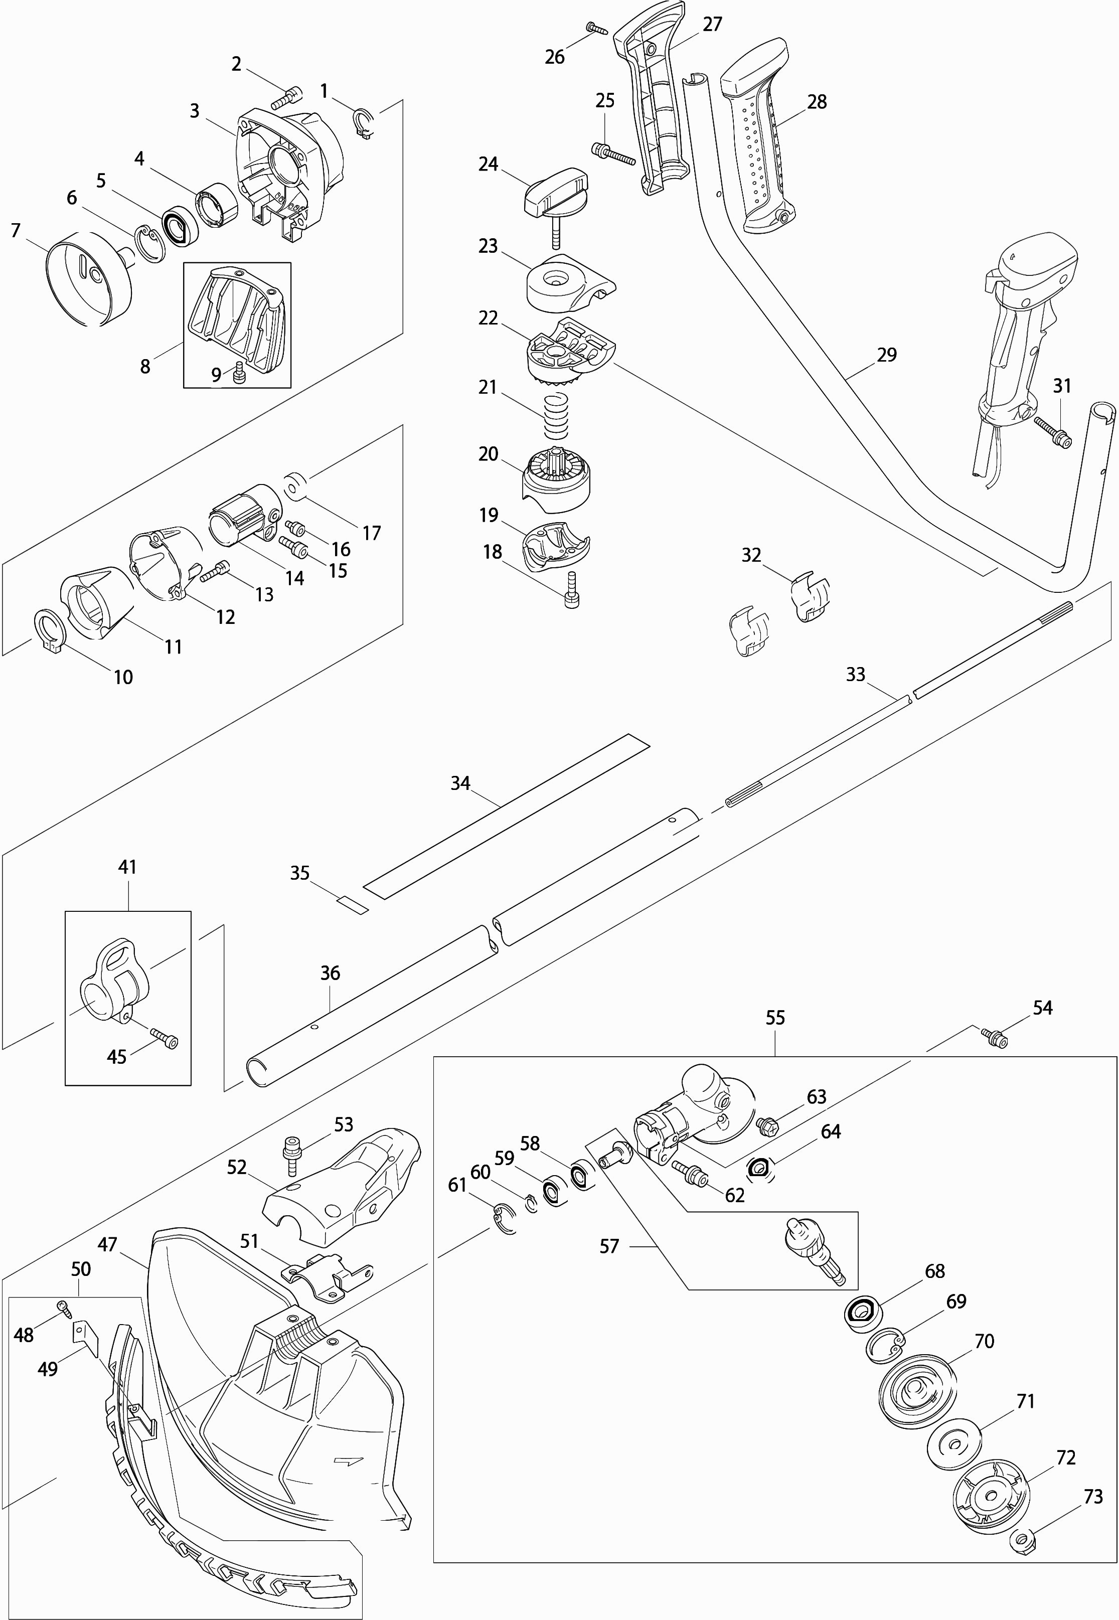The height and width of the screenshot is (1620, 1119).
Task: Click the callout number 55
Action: [775, 1018]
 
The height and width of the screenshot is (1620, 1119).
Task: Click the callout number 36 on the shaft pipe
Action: [330, 973]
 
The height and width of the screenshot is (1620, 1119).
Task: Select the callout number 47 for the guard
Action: [107, 1244]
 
